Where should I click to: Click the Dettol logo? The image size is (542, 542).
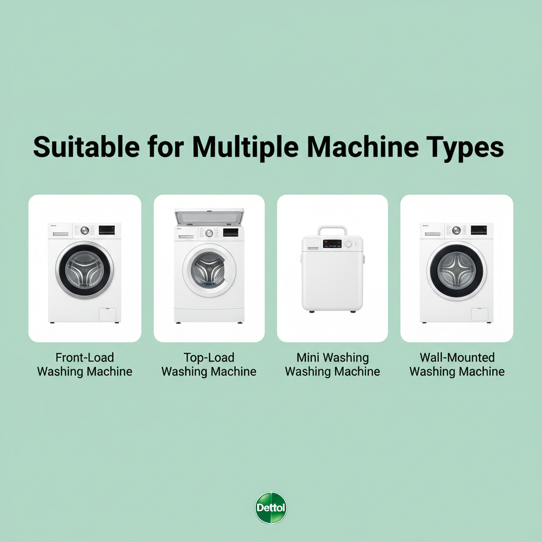(271, 508)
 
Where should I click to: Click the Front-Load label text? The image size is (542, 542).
(85, 358)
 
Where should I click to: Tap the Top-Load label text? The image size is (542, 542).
(209, 358)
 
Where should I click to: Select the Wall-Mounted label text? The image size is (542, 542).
(457, 358)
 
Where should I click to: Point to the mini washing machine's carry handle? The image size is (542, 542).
(332, 230)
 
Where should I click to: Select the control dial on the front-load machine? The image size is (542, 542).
(85, 230)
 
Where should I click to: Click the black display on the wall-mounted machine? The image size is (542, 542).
(478, 230)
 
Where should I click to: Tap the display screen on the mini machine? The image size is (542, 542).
(332, 244)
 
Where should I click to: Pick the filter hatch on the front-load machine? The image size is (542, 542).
(107, 313)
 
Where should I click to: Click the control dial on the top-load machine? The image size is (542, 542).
(209, 233)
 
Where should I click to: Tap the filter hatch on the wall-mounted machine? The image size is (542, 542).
(479, 314)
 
